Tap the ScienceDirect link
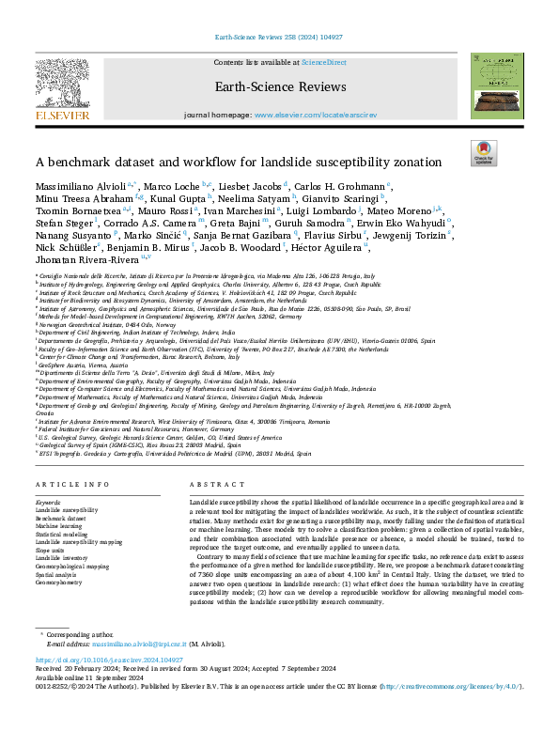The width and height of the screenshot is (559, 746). click(323, 62)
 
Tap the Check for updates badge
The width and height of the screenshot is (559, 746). click(483, 153)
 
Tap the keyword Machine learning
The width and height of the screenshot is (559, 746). click(57, 526)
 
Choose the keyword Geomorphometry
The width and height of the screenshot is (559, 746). click(58, 583)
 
